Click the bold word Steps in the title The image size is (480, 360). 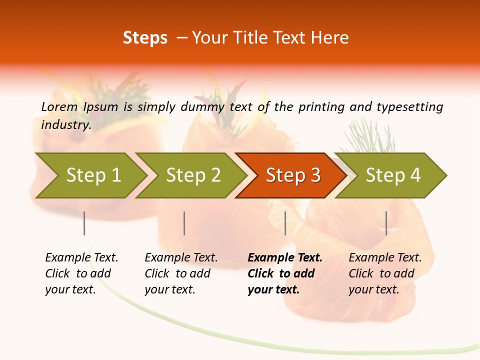(145, 38)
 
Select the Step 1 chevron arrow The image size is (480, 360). (90, 175)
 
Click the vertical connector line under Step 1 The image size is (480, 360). (84, 223)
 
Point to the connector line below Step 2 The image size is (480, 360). (184, 223)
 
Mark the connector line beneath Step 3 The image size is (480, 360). (285, 223)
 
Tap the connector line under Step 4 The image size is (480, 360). (386, 223)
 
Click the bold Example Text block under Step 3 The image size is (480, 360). (285, 273)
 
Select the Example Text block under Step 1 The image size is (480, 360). (81, 273)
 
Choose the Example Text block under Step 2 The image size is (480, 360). (181, 273)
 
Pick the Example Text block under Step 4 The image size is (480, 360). (385, 273)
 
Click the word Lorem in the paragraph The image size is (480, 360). (59, 106)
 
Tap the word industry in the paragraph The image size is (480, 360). (65, 125)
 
